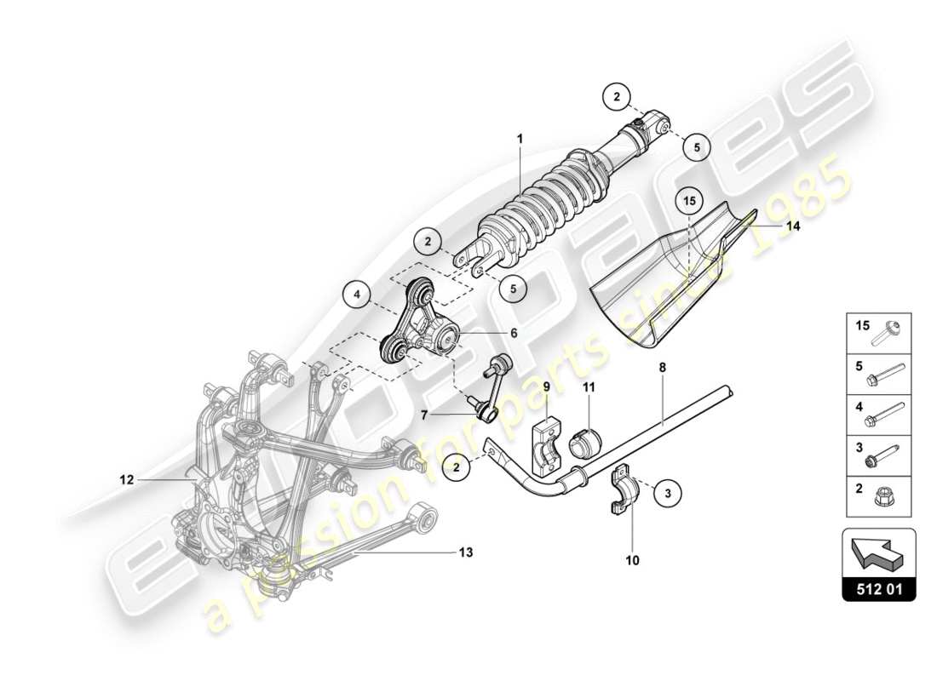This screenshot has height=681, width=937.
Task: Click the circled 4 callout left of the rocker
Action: tap(358, 295)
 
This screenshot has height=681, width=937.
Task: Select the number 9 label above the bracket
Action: tap(547, 387)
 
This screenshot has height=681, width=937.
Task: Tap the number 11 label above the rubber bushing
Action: tap(589, 387)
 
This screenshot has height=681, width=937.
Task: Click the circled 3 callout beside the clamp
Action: tap(668, 491)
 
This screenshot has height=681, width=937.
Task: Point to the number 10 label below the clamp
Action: tap(632, 561)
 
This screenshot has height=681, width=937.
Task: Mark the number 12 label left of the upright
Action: tap(127, 479)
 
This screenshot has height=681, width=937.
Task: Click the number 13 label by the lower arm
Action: tap(464, 552)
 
